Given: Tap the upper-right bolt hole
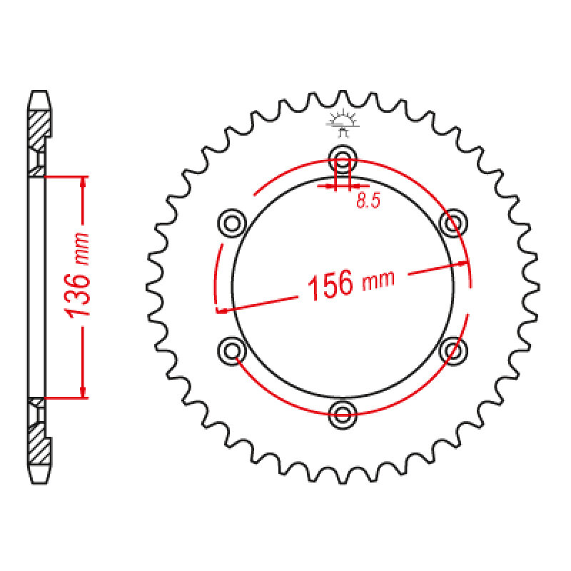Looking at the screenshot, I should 453,223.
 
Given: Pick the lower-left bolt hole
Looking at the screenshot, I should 231,349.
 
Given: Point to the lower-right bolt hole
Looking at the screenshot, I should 453,349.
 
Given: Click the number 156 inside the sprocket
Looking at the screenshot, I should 330,285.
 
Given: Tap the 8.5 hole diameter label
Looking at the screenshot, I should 367,202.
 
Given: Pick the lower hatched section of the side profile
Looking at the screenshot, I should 40,443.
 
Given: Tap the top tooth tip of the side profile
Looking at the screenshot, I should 40,94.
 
